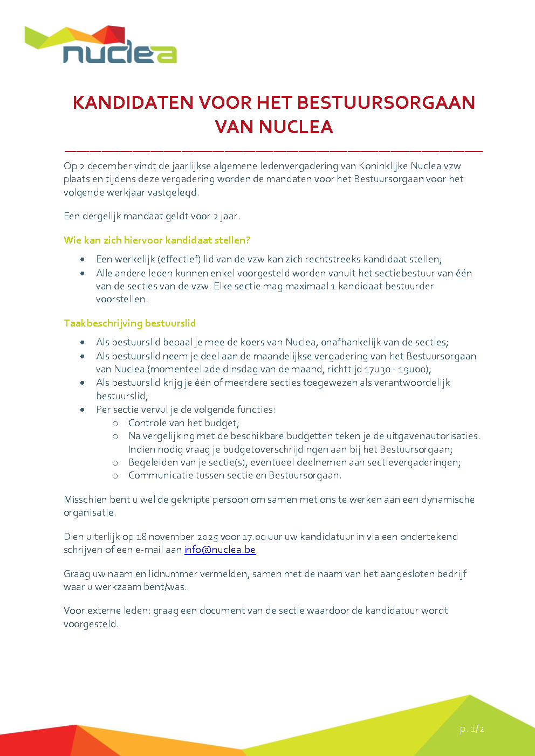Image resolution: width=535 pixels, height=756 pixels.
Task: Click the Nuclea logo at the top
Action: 101,45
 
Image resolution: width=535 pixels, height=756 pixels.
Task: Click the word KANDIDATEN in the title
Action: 133,102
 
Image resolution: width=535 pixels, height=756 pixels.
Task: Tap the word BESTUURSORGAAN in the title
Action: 386,102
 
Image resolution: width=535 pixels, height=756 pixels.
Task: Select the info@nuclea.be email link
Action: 220,550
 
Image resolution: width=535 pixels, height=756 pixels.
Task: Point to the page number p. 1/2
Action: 471,729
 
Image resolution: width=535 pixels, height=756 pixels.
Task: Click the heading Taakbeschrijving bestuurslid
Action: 129,323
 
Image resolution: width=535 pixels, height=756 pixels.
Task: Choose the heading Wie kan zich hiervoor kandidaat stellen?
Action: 157,240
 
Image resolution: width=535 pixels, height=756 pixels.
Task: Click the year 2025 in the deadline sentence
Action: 207,537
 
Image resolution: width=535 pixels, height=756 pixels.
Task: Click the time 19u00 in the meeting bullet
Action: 414,370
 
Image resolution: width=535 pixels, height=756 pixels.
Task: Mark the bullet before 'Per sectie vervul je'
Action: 83,410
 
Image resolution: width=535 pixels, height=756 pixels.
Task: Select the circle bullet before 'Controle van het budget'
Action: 115,424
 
